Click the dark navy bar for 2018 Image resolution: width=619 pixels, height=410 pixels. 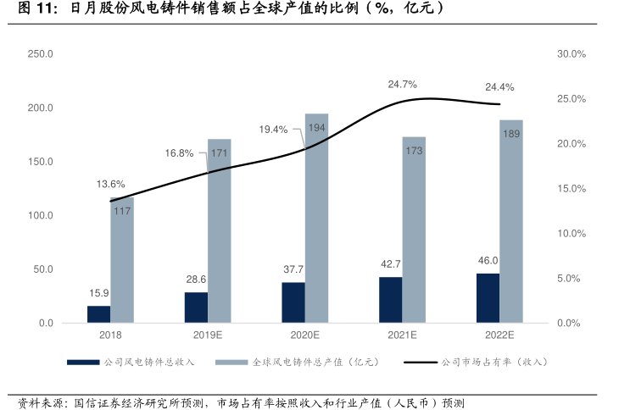point(98,314)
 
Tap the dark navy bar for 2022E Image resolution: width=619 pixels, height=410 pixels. point(488,298)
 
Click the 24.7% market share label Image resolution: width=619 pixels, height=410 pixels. point(402,84)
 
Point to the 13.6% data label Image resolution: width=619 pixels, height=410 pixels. point(111,184)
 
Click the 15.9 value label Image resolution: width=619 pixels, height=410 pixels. point(98,293)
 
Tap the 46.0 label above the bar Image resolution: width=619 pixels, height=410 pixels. point(488,261)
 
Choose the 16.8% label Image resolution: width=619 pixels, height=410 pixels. point(179,153)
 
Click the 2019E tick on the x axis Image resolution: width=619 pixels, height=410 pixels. point(208,335)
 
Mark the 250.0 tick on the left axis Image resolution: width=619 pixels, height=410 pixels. point(41,54)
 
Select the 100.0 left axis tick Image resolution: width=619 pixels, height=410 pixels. point(41,216)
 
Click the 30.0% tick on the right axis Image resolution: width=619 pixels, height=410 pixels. point(572,54)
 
